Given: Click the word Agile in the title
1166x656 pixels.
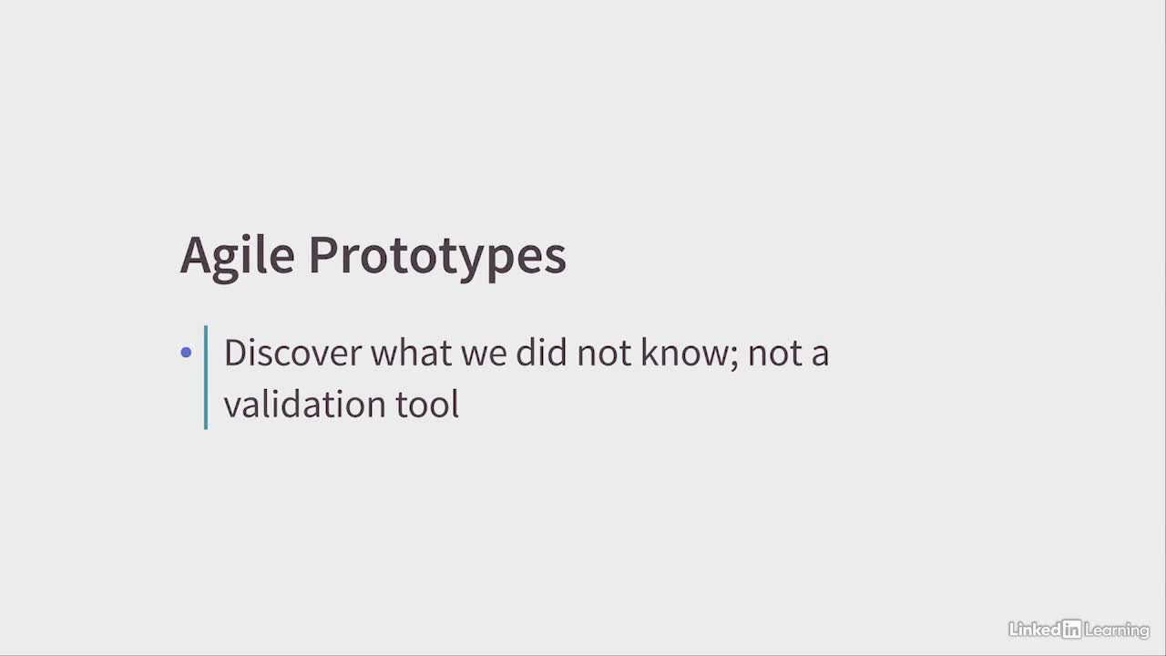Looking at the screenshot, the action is (238, 257).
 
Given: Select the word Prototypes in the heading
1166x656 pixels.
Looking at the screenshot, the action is (437, 257).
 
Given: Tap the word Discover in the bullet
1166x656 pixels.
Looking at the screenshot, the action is (293, 353).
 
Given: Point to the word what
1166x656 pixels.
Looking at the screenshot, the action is (411, 353).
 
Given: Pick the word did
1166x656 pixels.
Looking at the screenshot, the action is (541, 353).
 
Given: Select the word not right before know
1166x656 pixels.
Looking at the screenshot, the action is (604, 354).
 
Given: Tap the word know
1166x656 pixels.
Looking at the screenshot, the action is (685, 353).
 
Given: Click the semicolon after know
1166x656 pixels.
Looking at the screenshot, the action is (734, 358).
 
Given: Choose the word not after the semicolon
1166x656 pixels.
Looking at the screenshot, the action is (775, 354).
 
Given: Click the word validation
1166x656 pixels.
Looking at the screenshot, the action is (305, 404).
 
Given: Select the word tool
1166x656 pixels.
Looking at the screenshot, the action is (427, 404).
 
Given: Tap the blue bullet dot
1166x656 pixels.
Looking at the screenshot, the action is (186, 353).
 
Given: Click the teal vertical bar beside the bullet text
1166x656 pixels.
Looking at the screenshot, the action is (206, 377).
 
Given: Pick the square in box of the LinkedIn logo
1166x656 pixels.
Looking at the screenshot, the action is (1072, 630).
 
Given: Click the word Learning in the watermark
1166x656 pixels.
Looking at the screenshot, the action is (1117, 630).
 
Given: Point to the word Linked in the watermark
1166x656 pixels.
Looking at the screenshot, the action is (1035, 630).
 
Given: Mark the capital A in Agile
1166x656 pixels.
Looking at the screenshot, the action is (195, 255).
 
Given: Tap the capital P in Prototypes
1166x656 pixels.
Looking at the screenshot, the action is (322, 255).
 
